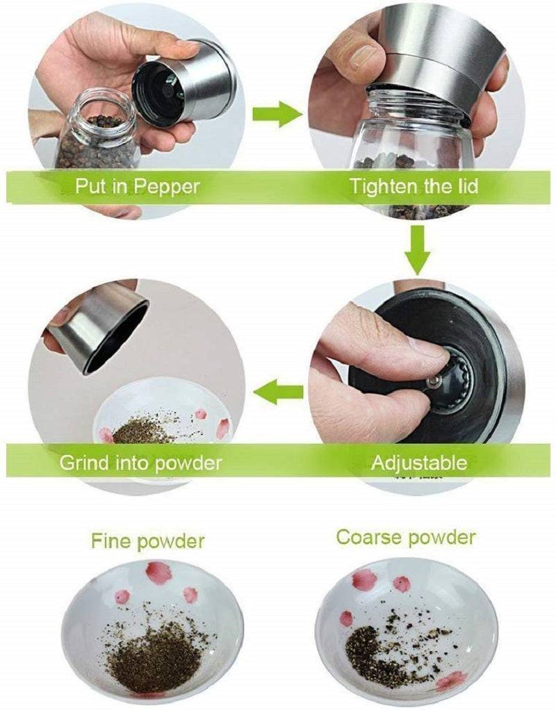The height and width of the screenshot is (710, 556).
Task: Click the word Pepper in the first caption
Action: coord(169,187)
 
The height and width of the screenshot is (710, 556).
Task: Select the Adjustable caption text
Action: coord(418,462)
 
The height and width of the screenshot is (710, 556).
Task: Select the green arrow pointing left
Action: coord(277,394)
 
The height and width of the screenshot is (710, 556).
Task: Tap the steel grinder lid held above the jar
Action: coord(186,83)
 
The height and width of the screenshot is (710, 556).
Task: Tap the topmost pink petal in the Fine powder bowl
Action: coord(158,572)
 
